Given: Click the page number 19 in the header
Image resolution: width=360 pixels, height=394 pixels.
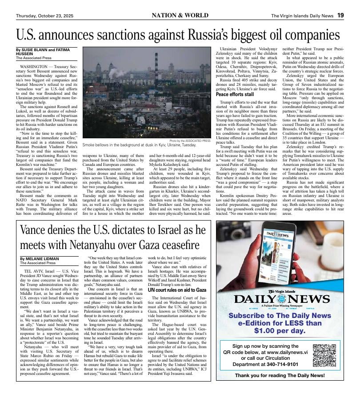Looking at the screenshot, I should click(340, 16).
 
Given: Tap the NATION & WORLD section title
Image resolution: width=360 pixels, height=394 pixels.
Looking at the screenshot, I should click(183, 16).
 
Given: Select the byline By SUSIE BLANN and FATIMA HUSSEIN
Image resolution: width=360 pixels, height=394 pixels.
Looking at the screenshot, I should click(46, 52).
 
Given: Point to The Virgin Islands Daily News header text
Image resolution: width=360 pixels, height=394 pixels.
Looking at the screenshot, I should click(302, 16).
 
